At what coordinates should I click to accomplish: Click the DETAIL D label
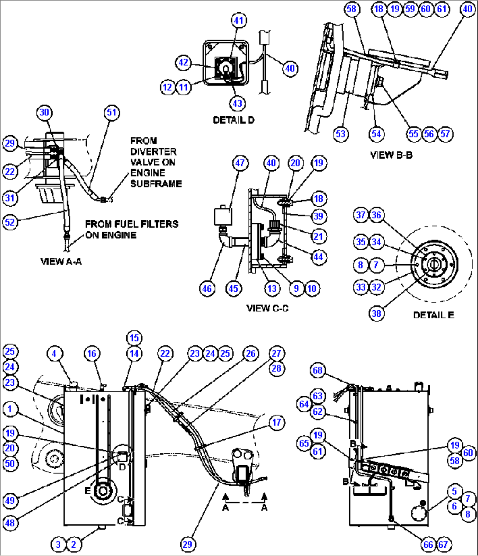[x=233, y=120]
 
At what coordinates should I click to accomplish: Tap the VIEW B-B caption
[x=391, y=155]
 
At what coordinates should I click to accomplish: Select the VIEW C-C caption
[x=267, y=308]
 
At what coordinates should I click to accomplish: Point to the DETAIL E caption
[x=433, y=315]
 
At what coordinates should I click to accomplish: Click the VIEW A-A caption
[x=61, y=261]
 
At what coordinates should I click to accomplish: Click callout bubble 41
[x=239, y=20]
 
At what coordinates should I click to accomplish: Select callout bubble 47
[x=240, y=163]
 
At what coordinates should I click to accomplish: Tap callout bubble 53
[x=341, y=134]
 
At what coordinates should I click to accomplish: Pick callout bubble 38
[x=376, y=313]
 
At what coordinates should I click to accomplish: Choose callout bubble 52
[x=10, y=222]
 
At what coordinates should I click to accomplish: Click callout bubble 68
[x=317, y=370]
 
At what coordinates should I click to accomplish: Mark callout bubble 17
[x=276, y=422]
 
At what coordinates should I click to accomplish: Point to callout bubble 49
[x=10, y=500]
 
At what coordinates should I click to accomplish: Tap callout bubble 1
[x=10, y=409]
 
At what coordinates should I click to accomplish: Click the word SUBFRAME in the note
[x=156, y=183]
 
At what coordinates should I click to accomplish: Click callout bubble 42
[x=183, y=62]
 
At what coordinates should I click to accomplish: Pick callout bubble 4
[x=54, y=353]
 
